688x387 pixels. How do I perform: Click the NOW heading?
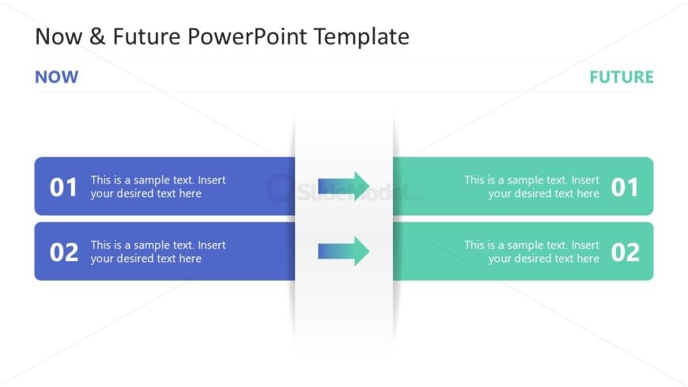(56, 77)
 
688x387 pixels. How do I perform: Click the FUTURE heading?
(621, 77)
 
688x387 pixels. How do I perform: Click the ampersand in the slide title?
(96, 36)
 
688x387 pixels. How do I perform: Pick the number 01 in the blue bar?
(64, 188)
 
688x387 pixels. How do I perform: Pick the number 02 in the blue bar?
(64, 252)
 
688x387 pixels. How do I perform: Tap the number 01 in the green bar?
(624, 188)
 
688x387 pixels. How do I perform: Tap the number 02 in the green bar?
(624, 252)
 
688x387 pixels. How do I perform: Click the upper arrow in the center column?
(344, 185)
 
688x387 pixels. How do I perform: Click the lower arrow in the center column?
(344, 251)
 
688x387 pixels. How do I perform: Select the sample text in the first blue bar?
(157, 187)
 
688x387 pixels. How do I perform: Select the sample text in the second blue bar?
(157, 252)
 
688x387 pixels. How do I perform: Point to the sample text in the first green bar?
(531, 187)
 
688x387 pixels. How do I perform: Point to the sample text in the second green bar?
(531, 252)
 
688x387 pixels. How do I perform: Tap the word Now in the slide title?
(60, 36)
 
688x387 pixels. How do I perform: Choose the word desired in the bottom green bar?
(533, 259)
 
